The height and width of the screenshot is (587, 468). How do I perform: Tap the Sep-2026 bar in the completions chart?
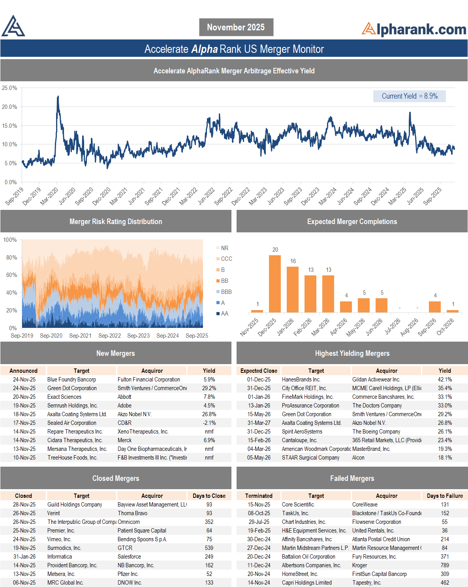click(435, 307)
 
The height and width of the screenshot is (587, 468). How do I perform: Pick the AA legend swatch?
click(218, 314)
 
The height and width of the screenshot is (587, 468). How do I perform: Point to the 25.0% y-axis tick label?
click(9, 88)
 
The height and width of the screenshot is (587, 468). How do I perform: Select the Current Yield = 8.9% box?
click(409, 96)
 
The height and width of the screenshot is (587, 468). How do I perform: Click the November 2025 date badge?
click(236, 27)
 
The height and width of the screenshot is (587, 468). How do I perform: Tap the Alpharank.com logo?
click(414, 29)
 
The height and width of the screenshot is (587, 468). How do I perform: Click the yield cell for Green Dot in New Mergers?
click(209, 388)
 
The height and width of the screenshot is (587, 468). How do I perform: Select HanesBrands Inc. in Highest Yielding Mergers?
click(301, 379)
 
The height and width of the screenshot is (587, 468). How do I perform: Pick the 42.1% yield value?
click(445, 379)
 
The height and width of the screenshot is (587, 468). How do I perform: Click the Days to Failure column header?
click(445, 496)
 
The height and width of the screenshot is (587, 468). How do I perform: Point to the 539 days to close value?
click(209, 548)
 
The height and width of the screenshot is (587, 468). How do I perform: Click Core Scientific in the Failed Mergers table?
click(298, 505)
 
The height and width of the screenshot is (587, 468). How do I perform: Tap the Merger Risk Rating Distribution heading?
click(116, 222)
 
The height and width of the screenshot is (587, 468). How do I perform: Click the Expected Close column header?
click(259, 371)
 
